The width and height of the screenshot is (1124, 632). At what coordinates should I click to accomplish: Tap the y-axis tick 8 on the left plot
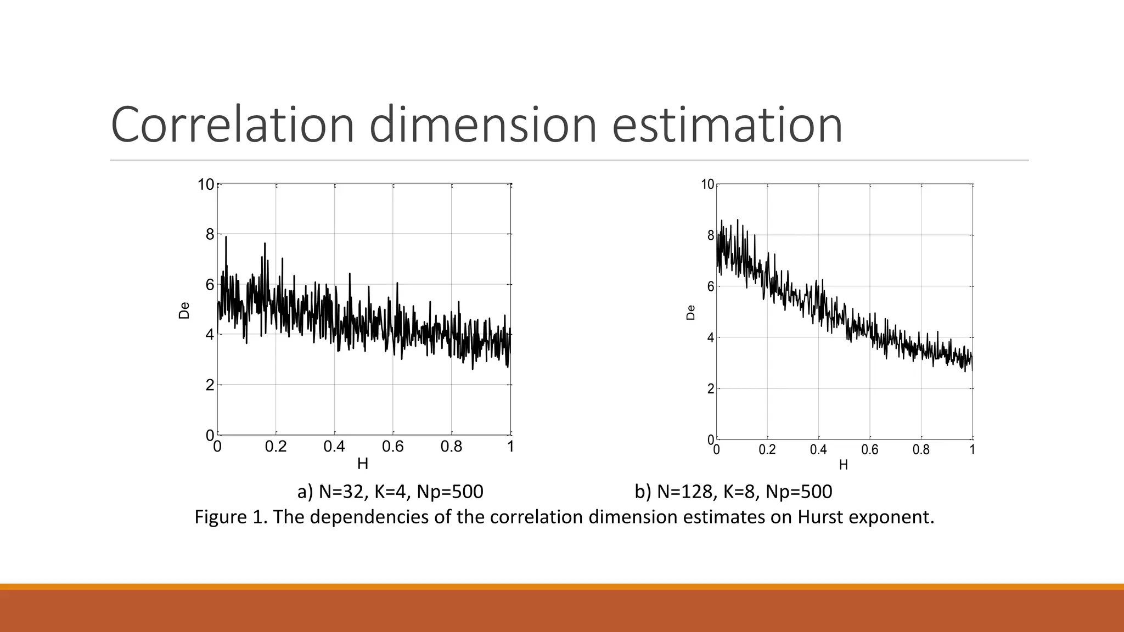(210, 235)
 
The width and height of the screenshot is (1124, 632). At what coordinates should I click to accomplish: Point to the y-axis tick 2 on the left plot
(210, 385)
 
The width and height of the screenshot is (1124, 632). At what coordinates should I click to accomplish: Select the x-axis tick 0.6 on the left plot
(393, 447)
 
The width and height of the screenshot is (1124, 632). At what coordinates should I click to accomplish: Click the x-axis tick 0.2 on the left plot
(276, 447)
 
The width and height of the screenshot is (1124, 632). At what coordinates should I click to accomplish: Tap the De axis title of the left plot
(184, 311)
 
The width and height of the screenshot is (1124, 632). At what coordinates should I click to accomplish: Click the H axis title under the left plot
(363, 464)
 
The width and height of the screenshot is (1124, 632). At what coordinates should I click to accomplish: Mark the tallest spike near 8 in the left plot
(226, 238)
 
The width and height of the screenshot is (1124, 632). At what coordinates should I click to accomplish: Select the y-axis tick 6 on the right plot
(711, 286)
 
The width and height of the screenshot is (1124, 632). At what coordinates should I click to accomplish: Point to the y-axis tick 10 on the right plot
(708, 185)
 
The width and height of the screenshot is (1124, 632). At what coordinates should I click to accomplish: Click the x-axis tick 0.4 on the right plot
(818, 450)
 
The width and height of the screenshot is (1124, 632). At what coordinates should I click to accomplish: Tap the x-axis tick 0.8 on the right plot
(921, 450)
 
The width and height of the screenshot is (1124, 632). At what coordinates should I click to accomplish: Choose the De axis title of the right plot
(691, 313)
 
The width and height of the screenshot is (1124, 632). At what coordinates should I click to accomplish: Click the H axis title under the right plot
(844, 465)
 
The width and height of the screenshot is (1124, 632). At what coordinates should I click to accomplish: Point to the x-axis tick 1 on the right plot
(972, 450)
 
